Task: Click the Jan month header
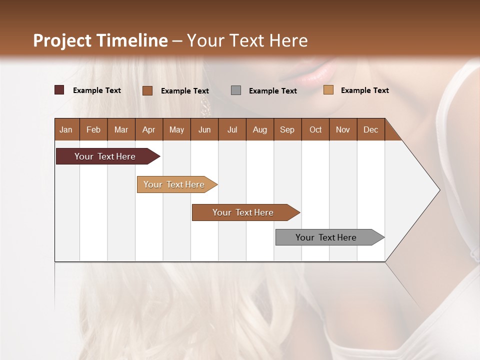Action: click(66, 129)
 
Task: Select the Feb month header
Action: click(93, 129)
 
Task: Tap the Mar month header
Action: click(121, 129)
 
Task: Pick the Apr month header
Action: click(149, 129)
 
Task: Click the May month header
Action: click(176, 129)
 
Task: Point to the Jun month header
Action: click(204, 129)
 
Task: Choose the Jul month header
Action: click(232, 129)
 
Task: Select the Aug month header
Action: click(260, 129)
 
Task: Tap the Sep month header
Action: click(287, 129)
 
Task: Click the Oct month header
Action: click(315, 129)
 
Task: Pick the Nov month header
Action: click(343, 129)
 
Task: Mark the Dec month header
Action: click(371, 129)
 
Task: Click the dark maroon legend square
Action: click(59, 90)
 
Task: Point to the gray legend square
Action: click(236, 90)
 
